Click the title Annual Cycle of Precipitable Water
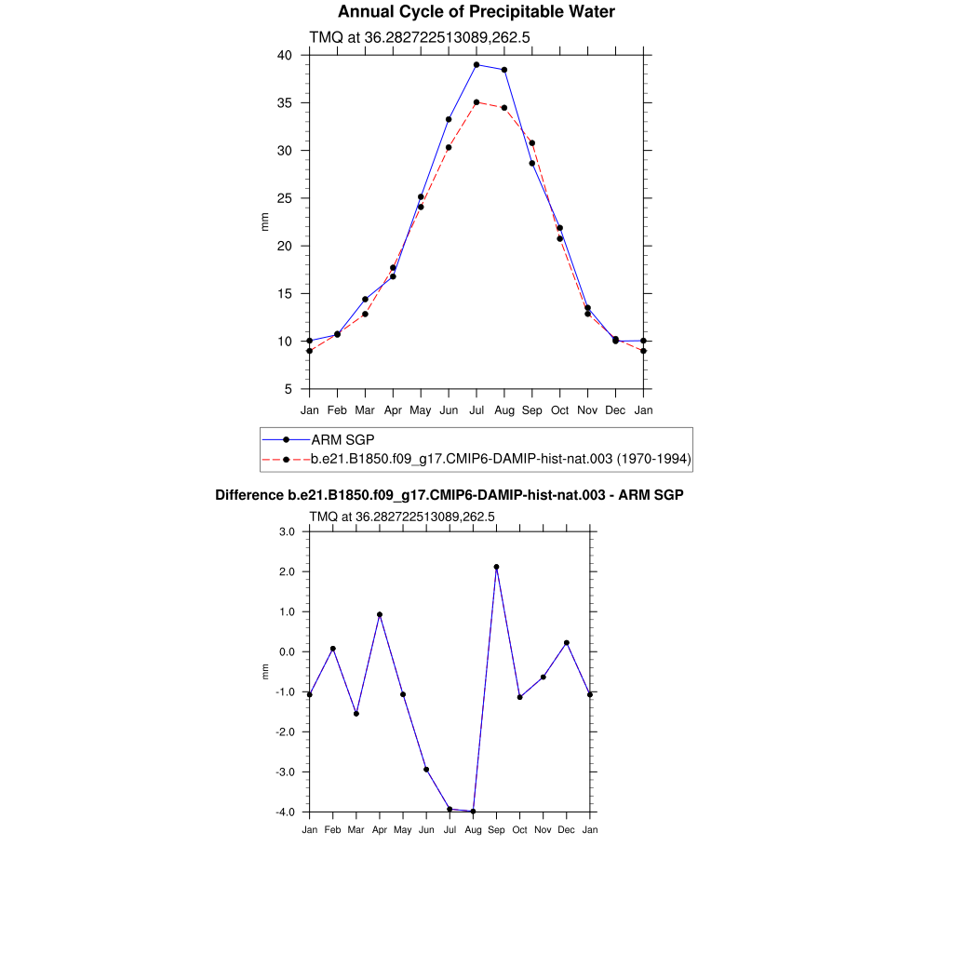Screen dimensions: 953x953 pos(476,12)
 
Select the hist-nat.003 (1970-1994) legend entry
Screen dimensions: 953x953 pos(502,459)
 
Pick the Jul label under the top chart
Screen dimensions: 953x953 pos(476,409)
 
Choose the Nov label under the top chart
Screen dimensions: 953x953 pos(587,409)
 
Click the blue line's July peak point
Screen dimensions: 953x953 pos(476,65)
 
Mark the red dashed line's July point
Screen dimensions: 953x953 pos(476,102)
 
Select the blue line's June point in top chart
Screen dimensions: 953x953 pos(449,119)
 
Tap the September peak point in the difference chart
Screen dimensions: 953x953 pos(497,567)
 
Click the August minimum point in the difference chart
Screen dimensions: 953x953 pos(474,812)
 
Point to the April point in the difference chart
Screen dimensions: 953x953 pos(380,614)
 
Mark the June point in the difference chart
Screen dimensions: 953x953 pos(426,770)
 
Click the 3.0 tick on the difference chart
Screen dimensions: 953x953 pos(286,531)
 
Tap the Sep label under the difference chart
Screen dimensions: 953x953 pos(496,829)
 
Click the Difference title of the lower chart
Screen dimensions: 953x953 pos(449,495)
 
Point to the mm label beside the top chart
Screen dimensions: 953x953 pos(264,221)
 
